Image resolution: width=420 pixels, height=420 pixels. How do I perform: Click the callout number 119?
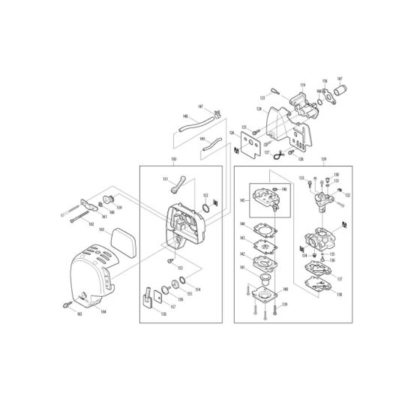click(x=304, y=85)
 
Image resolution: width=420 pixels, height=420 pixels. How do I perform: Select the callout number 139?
click(x=284, y=304)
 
